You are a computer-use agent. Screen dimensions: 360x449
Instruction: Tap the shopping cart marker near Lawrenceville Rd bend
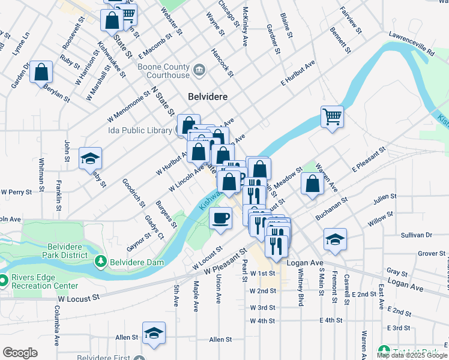click(332, 116)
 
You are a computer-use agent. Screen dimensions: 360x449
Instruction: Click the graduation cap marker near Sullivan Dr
click(335, 239)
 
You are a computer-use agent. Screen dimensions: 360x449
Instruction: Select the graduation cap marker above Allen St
click(154, 332)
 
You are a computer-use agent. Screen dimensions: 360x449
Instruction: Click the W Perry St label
click(16, 192)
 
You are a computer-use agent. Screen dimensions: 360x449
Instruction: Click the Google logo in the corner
click(20, 353)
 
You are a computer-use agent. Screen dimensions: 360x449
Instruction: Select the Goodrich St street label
click(133, 192)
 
